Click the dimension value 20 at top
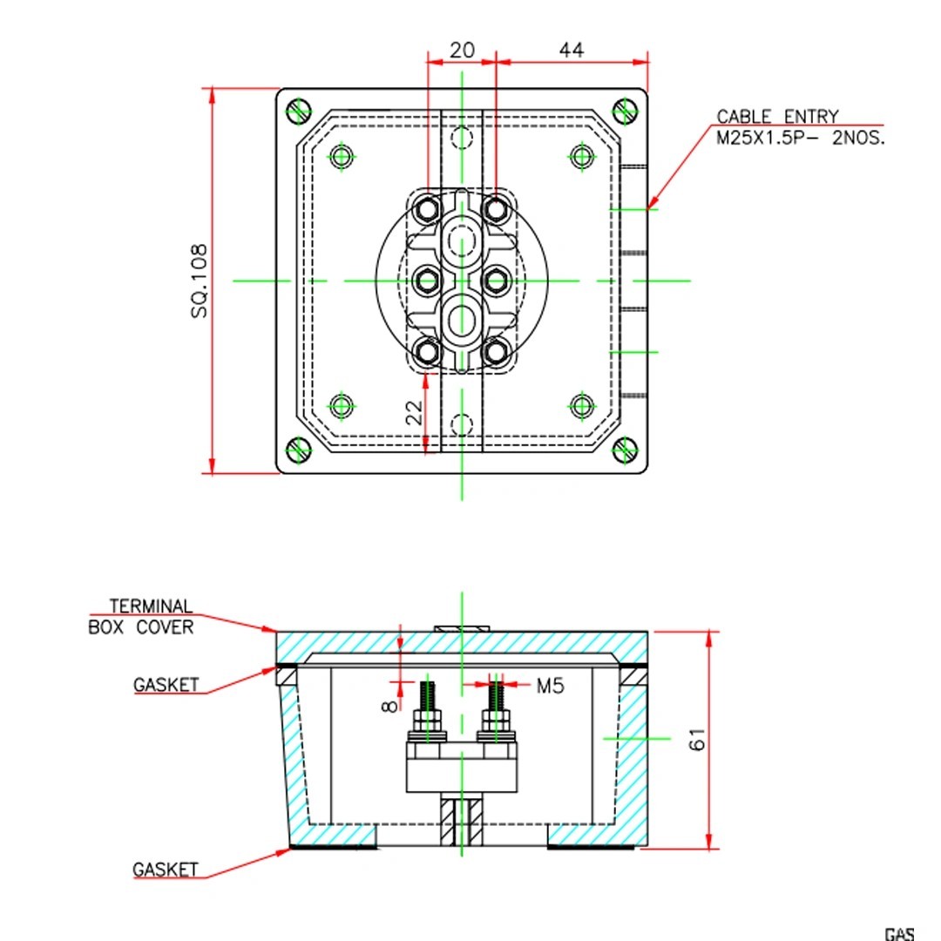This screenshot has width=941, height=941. click(462, 51)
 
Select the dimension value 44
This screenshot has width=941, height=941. click(571, 51)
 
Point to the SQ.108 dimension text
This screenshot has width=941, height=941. click(200, 280)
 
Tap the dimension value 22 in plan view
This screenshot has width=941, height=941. click(416, 411)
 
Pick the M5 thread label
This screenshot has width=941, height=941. click(550, 686)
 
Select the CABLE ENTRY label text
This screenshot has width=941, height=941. click(777, 116)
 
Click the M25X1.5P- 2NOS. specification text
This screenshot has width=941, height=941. click(800, 138)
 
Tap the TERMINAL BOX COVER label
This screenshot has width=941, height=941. click(141, 616)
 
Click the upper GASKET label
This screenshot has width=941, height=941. click(166, 685)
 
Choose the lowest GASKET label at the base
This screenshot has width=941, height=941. click(165, 870)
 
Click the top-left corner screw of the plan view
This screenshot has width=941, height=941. click(299, 111)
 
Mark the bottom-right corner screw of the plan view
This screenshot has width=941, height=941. click(625, 450)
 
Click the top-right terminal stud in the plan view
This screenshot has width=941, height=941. click(496, 209)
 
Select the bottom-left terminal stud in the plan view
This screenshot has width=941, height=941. click(428, 351)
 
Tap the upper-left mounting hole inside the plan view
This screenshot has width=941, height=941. click(342, 156)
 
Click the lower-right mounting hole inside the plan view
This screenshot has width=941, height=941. click(582, 405)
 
